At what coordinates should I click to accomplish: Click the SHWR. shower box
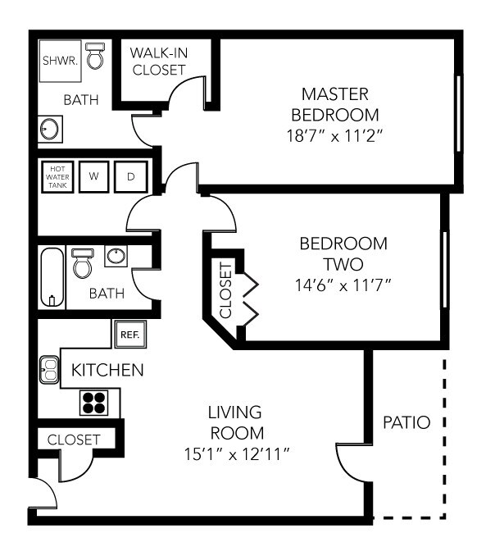coord(61,61)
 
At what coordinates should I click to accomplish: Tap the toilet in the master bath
coord(97,56)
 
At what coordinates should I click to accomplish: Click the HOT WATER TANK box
coord(58,175)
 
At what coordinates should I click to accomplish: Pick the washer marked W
coord(94,175)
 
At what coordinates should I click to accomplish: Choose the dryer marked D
coord(129,175)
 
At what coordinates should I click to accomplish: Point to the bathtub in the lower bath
coord(52,277)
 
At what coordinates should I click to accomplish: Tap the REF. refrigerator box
coord(128,334)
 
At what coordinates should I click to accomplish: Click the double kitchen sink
coord(49,370)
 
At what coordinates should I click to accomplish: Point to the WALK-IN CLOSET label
coord(158,62)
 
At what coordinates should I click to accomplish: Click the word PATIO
coord(406,423)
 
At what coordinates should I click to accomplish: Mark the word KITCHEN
coord(107,370)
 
